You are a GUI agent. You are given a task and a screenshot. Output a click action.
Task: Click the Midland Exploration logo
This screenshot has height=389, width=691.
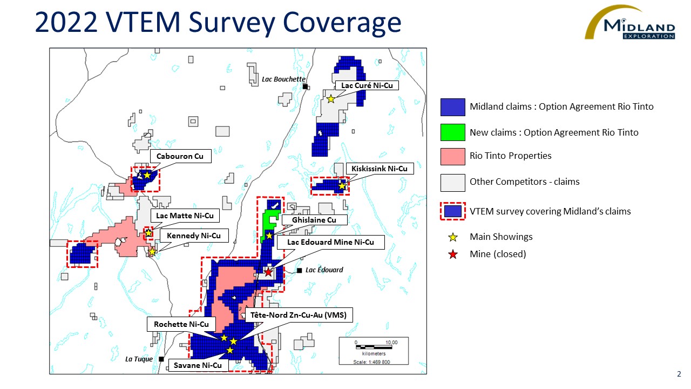630,22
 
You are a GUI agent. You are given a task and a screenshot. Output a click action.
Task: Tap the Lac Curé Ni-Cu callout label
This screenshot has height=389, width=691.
367,85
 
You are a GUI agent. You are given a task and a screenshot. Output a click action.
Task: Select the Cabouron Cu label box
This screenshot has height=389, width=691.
180,156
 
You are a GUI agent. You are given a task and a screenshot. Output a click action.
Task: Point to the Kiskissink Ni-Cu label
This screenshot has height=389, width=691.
380,169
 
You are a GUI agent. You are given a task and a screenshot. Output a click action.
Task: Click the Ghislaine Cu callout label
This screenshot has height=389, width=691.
314,220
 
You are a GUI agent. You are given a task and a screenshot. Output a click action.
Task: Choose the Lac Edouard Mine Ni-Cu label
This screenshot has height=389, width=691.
331,243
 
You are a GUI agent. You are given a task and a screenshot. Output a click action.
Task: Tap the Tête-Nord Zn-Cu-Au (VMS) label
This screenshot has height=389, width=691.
299,315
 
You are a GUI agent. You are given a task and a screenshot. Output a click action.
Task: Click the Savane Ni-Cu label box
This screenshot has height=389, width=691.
198,366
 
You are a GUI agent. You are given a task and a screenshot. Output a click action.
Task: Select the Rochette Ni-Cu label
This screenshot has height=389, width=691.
181,325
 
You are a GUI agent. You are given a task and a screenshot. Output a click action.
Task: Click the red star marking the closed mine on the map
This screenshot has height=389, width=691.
268,272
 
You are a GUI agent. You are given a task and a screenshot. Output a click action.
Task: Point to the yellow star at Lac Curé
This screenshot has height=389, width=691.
331,99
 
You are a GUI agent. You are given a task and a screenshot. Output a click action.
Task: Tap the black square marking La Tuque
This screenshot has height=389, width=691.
161,359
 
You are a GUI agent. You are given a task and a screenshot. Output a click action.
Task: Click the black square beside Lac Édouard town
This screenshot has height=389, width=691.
299,271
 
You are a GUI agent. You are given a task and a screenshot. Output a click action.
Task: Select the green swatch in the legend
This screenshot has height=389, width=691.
452,132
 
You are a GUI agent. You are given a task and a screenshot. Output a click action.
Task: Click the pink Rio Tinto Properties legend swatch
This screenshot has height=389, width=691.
452,157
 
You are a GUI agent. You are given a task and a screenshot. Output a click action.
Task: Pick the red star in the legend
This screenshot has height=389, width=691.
453,254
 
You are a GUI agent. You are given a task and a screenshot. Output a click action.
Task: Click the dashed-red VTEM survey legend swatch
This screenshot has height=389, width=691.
453,211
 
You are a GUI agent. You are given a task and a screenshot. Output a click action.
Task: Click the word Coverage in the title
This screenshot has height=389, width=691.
342,23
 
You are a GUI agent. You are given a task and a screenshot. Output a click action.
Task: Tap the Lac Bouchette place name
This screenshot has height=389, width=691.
283,79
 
